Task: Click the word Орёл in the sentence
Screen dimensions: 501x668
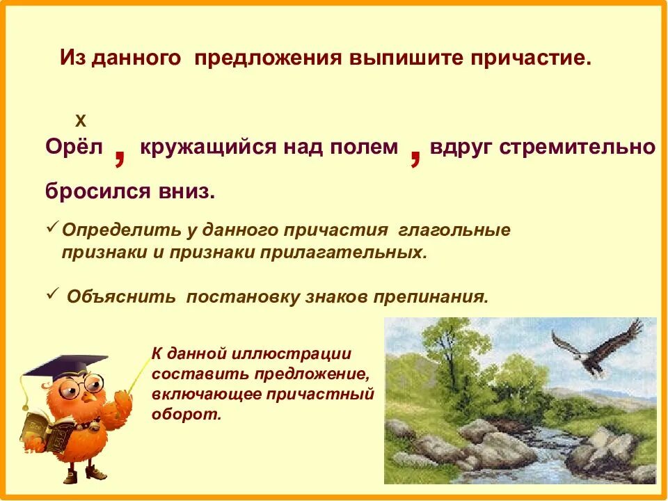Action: point(74,148)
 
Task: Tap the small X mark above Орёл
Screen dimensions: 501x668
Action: point(80,120)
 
